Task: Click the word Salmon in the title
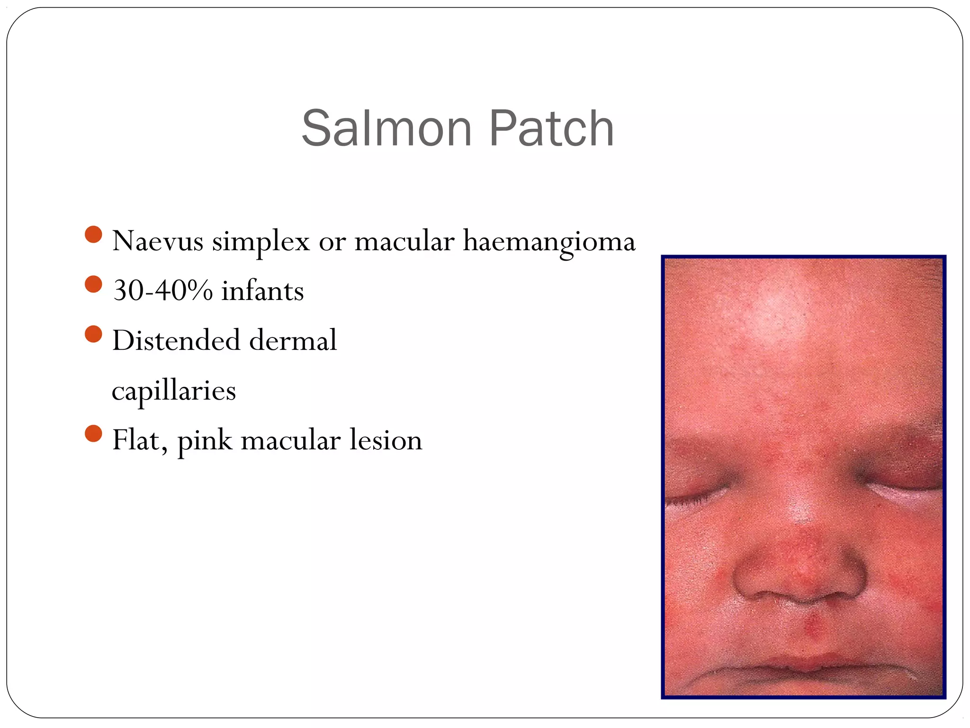tap(386, 128)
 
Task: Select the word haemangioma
tap(549, 242)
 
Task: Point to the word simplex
tap(260, 242)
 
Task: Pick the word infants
tap(262, 291)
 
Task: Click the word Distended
tap(176, 340)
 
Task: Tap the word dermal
tap(293, 340)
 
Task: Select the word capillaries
tap(174, 391)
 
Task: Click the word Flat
tap(139, 440)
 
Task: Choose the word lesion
tap(386, 440)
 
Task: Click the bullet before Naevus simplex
tap(94, 234)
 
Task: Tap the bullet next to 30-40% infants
tap(94, 284)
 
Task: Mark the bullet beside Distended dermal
tap(94, 334)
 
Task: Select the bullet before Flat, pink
tap(94, 433)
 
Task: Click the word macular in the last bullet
tap(290, 440)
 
